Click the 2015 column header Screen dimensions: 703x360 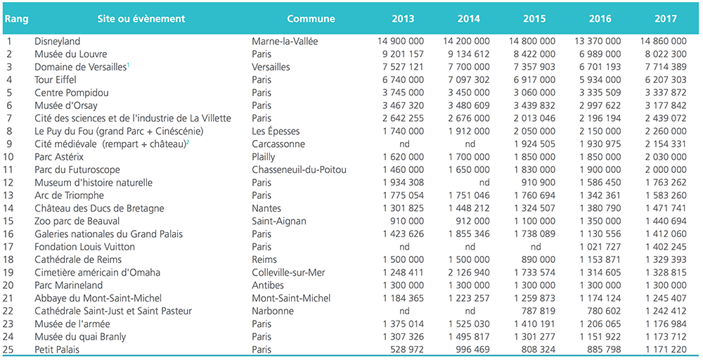[x=534, y=19]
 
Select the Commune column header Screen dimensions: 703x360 [x=311, y=19]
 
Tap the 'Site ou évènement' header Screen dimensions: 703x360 [x=141, y=19]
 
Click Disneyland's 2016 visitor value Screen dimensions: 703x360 [x=598, y=41]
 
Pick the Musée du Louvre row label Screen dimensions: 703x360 [x=71, y=54]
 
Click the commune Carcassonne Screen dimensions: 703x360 [x=278, y=144]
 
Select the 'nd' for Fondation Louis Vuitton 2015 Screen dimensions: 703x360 [x=535, y=247]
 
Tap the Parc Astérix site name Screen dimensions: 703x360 [x=59, y=157]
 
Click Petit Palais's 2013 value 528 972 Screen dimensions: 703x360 [x=407, y=349]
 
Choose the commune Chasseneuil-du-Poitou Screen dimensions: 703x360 [x=299, y=170]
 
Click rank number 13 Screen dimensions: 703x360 [x=8, y=195]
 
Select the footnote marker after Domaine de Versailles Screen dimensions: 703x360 [x=128, y=65]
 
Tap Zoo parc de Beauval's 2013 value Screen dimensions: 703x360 [x=407, y=221]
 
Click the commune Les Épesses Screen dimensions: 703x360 [x=276, y=131]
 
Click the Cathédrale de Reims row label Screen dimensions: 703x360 [x=78, y=259]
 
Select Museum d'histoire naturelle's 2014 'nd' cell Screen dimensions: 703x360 [x=484, y=183]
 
